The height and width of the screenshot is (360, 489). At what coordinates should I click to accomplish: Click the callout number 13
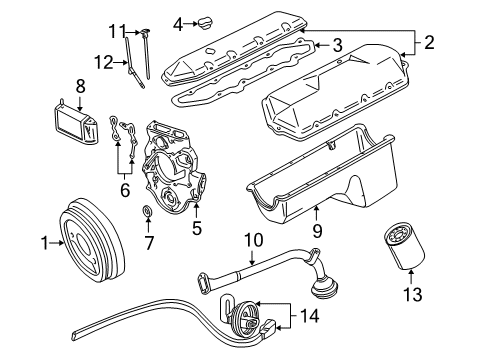pyautogui.click(x=413, y=295)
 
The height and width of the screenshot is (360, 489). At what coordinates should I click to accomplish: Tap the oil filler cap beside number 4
pyautogui.click(x=206, y=24)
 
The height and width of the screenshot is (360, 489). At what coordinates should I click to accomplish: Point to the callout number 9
pyautogui.click(x=317, y=231)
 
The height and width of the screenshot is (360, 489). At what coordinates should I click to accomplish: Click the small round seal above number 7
pyautogui.click(x=147, y=211)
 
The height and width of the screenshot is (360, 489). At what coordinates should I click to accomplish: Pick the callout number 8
pyautogui.click(x=80, y=86)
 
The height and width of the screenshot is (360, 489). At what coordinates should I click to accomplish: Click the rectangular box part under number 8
pyautogui.click(x=76, y=122)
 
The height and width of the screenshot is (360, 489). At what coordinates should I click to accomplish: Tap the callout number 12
pyautogui.click(x=103, y=62)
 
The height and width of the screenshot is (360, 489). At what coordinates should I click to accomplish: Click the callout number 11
pyautogui.click(x=117, y=32)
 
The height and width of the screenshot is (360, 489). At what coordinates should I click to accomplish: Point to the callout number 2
pyautogui.click(x=429, y=43)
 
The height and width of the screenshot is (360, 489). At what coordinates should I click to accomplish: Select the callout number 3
pyautogui.click(x=337, y=45)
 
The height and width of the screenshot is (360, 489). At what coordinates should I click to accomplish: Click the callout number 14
pyautogui.click(x=310, y=316)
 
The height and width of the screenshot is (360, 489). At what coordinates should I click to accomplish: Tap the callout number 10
pyautogui.click(x=254, y=240)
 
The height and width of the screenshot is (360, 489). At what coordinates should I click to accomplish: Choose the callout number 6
pyautogui.click(x=125, y=190)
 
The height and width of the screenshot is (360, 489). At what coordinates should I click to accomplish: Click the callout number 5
pyautogui.click(x=197, y=228)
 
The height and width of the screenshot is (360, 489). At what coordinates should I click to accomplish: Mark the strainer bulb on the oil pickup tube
pyautogui.click(x=325, y=287)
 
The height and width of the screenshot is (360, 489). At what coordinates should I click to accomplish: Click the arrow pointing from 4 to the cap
pyautogui.click(x=191, y=24)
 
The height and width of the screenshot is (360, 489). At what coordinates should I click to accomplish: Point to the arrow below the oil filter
pyautogui.click(x=411, y=276)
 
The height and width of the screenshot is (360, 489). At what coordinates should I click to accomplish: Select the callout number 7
pyautogui.click(x=149, y=243)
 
